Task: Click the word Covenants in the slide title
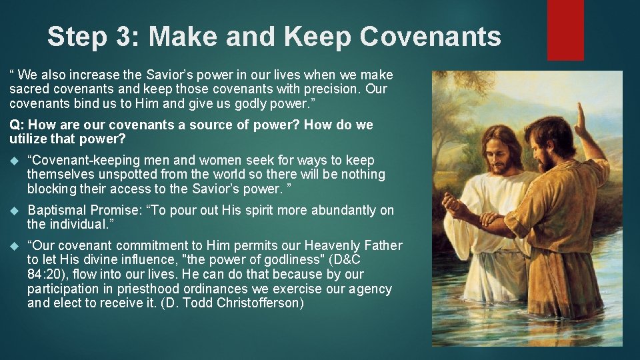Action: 430,37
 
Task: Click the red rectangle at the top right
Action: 565,30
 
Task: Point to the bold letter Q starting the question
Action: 14,125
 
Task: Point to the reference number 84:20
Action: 46,274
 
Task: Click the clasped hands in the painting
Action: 490,218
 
